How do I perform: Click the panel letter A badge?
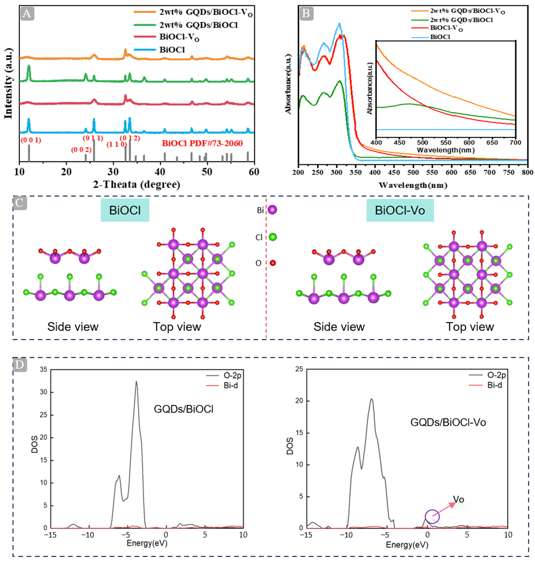pos(27,13)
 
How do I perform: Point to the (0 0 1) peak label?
pos(31,140)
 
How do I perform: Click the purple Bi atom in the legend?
pos(272,210)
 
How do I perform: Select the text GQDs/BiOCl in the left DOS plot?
pos(183,409)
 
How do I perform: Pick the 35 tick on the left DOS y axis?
pos(43,370)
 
